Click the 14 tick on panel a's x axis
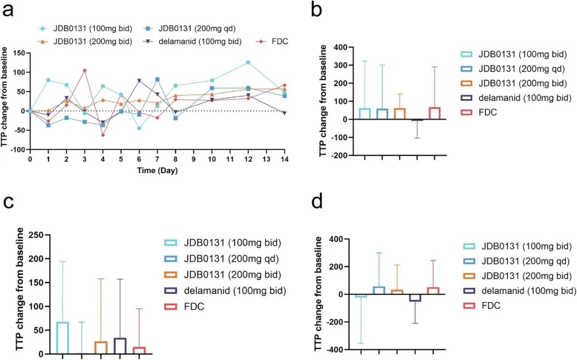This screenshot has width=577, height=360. tap(284, 159)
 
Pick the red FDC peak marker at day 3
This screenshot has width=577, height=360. tap(84, 71)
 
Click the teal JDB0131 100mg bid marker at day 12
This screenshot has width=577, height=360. tap(248, 62)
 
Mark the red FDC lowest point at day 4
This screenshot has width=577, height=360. tap(103, 135)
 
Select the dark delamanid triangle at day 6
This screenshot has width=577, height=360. tap(139, 81)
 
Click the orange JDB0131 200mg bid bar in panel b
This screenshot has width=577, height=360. tap(399, 114)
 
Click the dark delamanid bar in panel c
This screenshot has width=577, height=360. tap(120, 346)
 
